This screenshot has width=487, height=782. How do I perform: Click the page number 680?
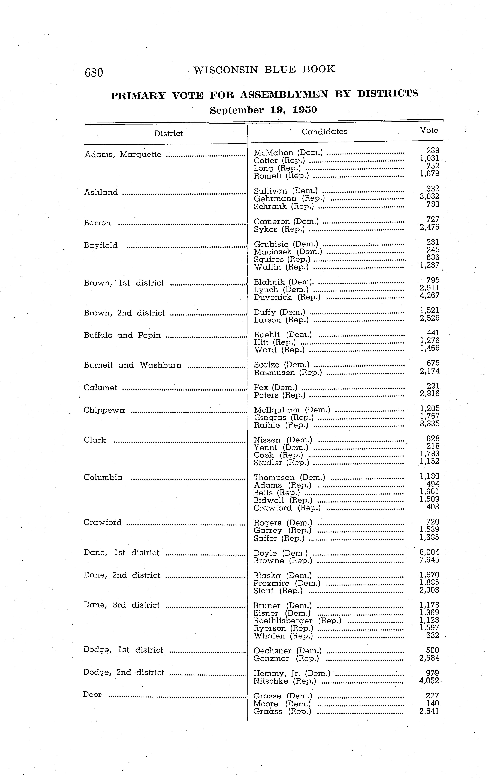click(x=94, y=73)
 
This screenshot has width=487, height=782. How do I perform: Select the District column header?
click(x=168, y=133)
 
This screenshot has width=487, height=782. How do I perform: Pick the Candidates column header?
click(x=324, y=132)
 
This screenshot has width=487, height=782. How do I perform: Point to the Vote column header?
click(x=429, y=130)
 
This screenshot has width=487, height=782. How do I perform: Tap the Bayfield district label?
click(x=100, y=246)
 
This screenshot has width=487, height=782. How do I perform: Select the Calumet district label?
click(x=100, y=388)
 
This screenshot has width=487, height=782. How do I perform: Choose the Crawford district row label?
click(x=102, y=522)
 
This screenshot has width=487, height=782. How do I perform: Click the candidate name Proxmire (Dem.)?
click(x=287, y=583)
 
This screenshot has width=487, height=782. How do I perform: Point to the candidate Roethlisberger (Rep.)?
click(x=297, y=621)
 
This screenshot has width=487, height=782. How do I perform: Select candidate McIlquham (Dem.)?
click(x=292, y=410)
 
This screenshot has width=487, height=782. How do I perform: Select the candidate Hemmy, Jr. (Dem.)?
click(x=292, y=673)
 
